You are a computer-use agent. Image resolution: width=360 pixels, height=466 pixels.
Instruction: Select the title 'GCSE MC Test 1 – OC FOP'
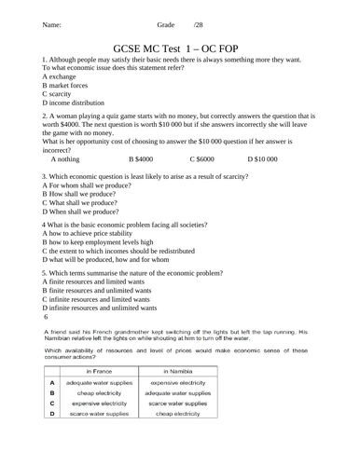180,46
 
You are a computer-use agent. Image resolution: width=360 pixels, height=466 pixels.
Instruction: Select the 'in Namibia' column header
177,371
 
